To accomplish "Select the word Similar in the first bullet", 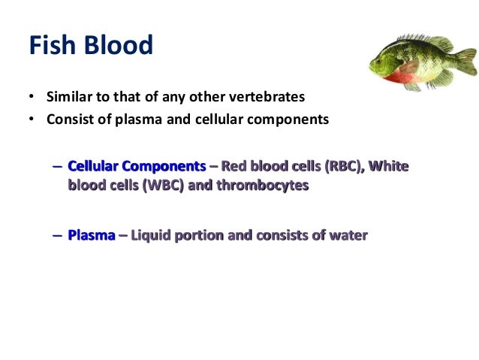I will (69, 98).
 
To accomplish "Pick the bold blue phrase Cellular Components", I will (136, 167).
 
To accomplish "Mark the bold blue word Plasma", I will (92, 236).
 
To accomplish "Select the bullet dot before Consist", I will (32, 119).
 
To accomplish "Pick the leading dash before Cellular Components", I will (58, 167).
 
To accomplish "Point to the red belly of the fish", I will (406, 74).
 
